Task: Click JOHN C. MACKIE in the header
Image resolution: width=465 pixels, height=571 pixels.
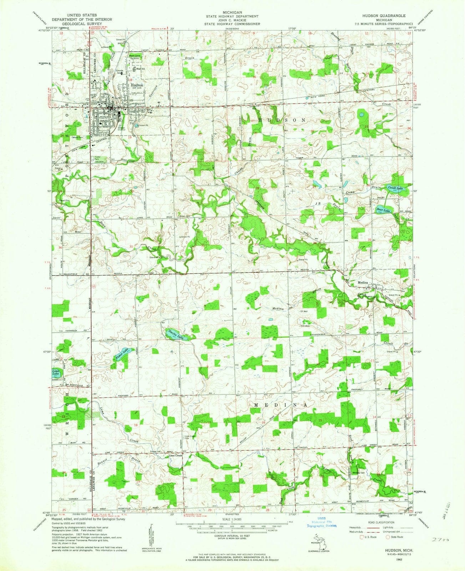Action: (x=232, y=20)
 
